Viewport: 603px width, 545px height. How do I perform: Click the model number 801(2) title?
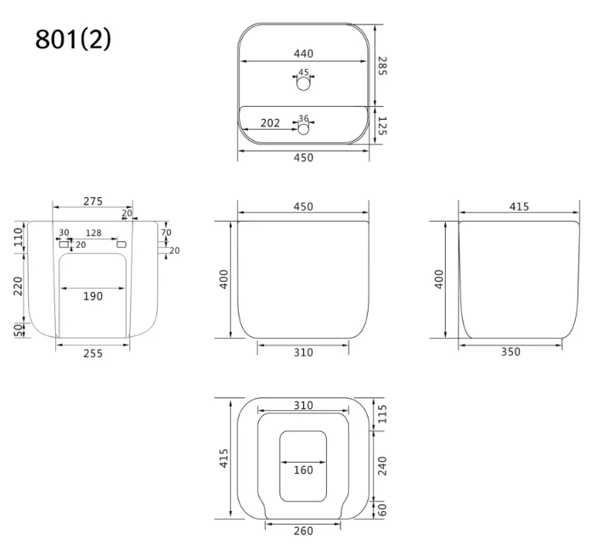point(73,39)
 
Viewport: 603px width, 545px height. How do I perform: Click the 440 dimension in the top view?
point(303,53)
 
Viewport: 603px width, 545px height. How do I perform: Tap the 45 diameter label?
point(303,72)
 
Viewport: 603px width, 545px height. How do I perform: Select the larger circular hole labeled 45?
point(303,83)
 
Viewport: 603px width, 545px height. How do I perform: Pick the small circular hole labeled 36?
point(303,129)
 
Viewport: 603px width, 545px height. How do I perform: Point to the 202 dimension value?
point(270,123)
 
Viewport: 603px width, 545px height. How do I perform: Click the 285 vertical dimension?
point(382,65)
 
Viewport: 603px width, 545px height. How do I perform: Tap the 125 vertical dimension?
point(382,126)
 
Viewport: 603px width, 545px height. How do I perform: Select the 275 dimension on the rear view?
point(93,201)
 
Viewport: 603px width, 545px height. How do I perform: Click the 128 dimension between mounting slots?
point(93,233)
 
